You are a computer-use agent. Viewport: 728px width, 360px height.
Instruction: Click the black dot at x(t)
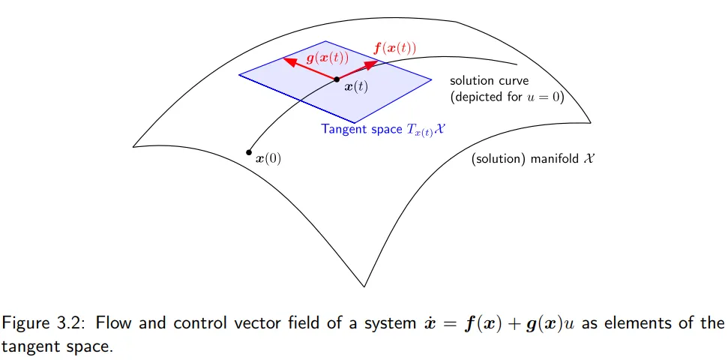(x=337, y=79)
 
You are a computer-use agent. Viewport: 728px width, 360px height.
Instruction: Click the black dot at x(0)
(x=249, y=152)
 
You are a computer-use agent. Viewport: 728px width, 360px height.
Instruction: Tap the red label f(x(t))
(x=394, y=48)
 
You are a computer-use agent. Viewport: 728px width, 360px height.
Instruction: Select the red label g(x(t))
(x=328, y=58)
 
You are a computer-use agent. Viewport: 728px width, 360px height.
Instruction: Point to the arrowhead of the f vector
(x=373, y=64)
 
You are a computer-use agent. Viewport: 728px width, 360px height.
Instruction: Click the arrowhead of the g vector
(x=289, y=61)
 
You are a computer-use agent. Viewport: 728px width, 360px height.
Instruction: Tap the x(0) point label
(x=269, y=159)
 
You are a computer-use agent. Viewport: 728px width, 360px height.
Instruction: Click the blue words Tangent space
(x=361, y=129)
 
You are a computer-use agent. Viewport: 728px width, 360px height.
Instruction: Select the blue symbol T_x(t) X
(x=426, y=130)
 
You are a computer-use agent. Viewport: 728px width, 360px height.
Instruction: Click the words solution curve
(x=489, y=81)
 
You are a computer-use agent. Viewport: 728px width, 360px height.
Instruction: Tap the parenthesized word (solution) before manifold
(x=499, y=159)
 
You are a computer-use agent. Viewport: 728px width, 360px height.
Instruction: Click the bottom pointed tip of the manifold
(x=364, y=286)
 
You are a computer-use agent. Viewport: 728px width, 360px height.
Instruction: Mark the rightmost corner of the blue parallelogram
(x=431, y=80)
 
